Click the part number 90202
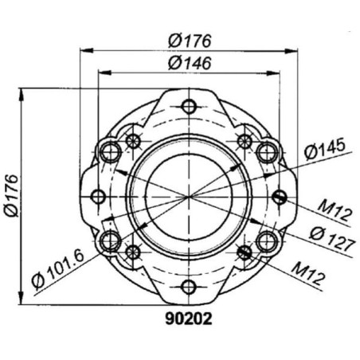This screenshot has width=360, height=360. (x=189, y=319)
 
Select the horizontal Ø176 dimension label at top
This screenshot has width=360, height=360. (x=190, y=41)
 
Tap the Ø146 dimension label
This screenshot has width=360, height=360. (x=190, y=63)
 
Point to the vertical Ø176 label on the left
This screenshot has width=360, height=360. (x=11, y=196)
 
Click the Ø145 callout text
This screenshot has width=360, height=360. (x=325, y=148)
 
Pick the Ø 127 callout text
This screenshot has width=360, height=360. (x=332, y=240)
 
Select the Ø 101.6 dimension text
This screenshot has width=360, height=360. (x=58, y=270)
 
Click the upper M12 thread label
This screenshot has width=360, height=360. (x=335, y=211)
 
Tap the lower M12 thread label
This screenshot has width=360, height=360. (x=308, y=275)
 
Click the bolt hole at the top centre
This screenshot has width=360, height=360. (x=189, y=107)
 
